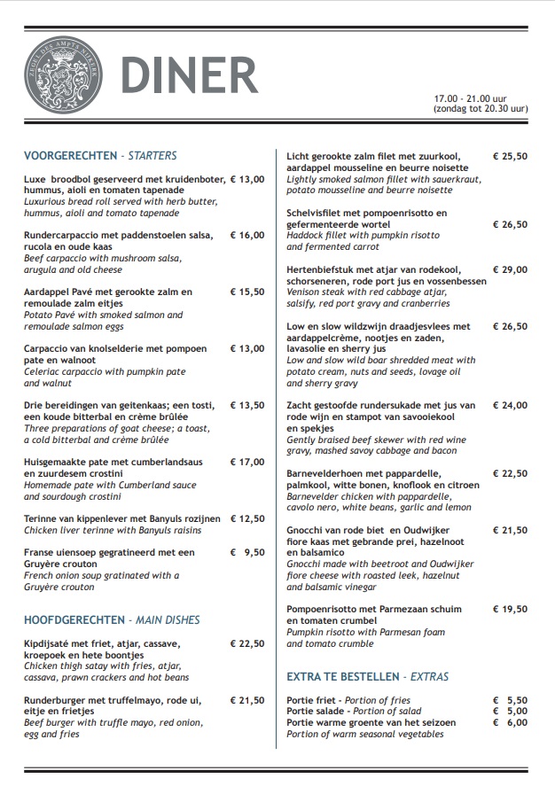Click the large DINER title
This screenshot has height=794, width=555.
coord(189,75)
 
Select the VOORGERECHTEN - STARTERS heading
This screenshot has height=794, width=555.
coord(100,155)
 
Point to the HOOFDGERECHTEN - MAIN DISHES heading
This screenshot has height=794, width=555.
coord(112,619)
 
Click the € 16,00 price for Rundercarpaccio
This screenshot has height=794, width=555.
coord(247,236)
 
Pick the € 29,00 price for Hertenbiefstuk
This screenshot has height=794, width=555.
coord(510,269)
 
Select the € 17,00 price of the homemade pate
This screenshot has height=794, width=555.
coord(247,462)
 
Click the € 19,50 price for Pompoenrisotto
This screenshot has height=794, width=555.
coord(510,609)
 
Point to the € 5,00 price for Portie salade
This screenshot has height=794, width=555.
coord(510,711)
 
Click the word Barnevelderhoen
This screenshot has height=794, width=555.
coord(329,474)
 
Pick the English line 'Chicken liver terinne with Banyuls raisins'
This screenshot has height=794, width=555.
coord(113,530)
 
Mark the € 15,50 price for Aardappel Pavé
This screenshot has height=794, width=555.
coord(247,292)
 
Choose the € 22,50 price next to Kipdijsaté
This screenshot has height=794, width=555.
coord(247,643)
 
